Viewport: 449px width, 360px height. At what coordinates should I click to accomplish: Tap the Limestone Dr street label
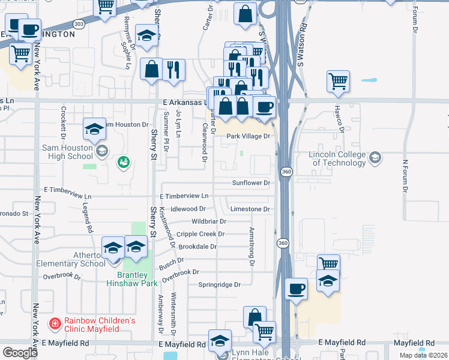point(250,209)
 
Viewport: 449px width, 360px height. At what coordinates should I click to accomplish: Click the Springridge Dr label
point(220,284)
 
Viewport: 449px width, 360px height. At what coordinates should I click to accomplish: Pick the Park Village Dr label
point(249,136)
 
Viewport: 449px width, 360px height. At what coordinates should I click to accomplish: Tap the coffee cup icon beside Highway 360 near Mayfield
point(297,289)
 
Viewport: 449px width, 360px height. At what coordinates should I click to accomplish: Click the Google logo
point(20,353)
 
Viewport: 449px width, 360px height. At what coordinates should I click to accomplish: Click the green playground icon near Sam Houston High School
point(124,161)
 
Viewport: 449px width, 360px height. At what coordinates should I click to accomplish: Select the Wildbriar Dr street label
point(208,221)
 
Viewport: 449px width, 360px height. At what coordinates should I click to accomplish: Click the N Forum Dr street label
point(405,176)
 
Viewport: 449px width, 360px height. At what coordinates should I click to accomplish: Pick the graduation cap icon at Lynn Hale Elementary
point(220,340)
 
